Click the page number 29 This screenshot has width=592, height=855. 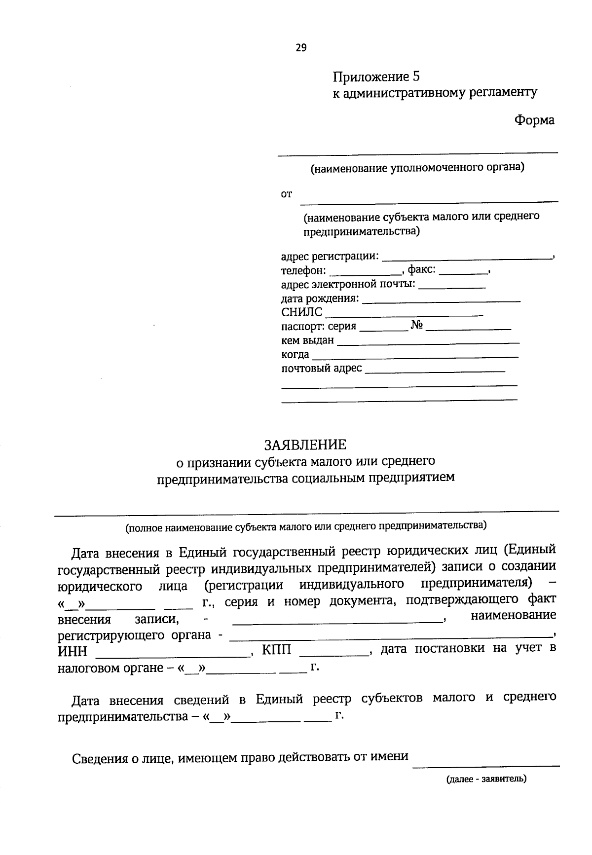(301, 48)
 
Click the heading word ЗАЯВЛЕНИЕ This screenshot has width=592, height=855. (305, 445)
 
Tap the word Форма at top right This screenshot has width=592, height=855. (534, 120)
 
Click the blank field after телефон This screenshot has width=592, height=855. (365, 272)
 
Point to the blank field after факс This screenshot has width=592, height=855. (463, 272)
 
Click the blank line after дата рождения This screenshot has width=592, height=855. (441, 300)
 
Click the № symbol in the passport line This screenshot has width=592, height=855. (417, 326)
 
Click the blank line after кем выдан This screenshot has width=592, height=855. (428, 342)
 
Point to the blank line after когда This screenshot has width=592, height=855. (415, 356)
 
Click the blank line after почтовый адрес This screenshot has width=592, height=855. (435, 370)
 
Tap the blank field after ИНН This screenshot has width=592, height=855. (173, 655)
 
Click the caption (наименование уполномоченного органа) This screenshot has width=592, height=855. (417, 168)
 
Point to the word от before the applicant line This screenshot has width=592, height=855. (286, 194)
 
